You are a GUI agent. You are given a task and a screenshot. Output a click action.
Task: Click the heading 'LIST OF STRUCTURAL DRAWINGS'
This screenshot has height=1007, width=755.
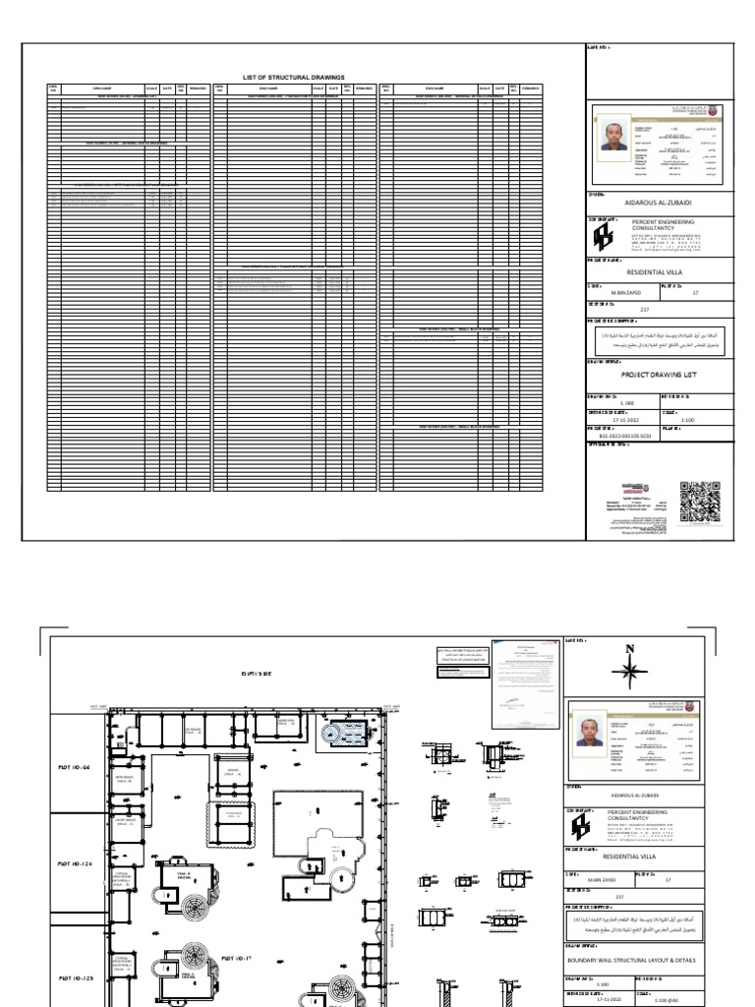click(x=293, y=76)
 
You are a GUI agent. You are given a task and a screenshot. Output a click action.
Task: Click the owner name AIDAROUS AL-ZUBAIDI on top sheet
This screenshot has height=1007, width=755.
click(x=659, y=204)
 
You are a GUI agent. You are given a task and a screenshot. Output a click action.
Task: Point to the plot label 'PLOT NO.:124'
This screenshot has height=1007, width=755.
click(x=75, y=864)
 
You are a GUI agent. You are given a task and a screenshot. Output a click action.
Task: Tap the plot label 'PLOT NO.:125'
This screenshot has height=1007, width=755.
click(x=75, y=978)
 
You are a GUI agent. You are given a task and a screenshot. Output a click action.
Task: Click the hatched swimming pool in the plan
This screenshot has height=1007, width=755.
click(x=348, y=731)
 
